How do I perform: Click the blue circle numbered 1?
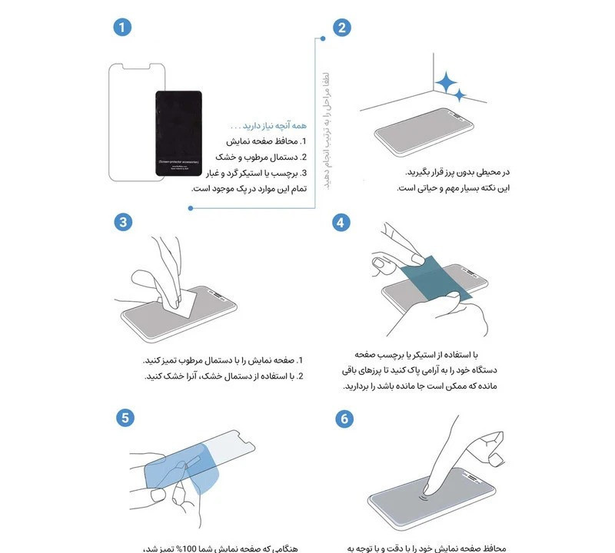(122, 28)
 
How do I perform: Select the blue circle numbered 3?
(122, 223)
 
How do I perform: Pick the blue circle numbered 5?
(122, 419)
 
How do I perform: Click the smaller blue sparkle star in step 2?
(460, 95)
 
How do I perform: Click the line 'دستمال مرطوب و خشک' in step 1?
(261, 157)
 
